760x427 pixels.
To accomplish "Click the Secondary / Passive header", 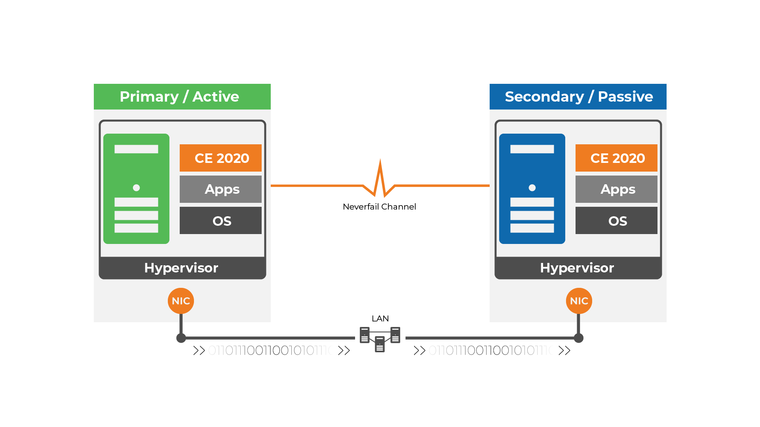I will pyautogui.click(x=578, y=96).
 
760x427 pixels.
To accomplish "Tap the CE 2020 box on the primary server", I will pyautogui.click(x=220, y=158).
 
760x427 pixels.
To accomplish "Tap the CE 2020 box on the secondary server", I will pyautogui.click(x=616, y=158).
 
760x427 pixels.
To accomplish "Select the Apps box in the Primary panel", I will pyautogui.click(x=220, y=189).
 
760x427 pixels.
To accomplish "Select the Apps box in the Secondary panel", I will pyautogui.click(x=616, y=189).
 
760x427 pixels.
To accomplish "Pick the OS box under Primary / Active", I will pyautogui.click(x=220, y=221).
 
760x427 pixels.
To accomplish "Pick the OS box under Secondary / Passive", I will pyautogui.click(x=616, y=221).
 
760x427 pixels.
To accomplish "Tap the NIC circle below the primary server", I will pyautogui.click(x=181, y=301).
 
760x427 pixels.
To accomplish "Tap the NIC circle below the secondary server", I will pyautogui.click(x=579, y=301).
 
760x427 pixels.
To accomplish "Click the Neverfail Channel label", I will pyautogui.click(x=379, y=207).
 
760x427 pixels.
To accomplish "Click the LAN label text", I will pyautogui.click(x=380, y=319).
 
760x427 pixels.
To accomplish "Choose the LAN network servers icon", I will pyautogui.click(x=380, y=339).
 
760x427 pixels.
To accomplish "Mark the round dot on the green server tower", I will pyautogui.click(x=136, y=188).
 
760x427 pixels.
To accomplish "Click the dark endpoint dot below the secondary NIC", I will pyautogui.click(x=579, y=338).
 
